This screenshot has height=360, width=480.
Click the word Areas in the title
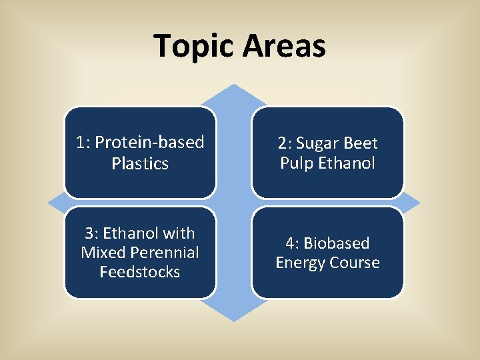284,47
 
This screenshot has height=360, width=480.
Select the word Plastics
140,163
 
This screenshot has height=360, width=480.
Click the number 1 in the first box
81,143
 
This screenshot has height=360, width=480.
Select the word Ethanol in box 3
134,233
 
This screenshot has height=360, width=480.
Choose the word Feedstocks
140,272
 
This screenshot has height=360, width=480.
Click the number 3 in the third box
89,233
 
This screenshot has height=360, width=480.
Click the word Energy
299,263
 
